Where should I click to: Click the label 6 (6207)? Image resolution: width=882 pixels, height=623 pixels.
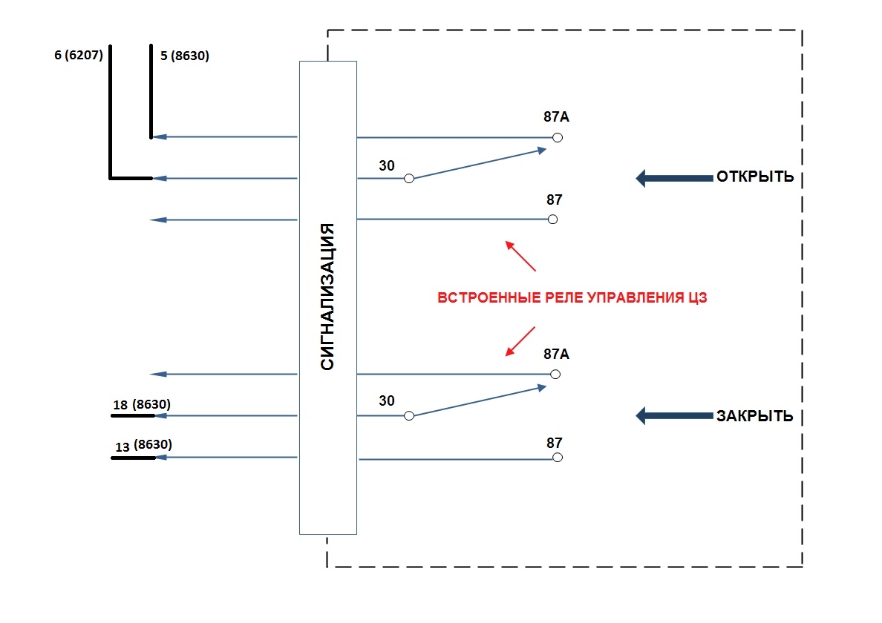(78, 55)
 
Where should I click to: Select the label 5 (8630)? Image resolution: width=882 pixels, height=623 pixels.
(185, 55)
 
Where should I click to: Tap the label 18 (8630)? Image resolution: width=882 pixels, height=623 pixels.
(142, 405)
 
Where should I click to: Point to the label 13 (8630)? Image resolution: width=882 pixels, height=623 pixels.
(144, 446)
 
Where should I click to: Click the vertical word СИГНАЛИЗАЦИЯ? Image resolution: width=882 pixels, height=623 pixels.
(327, 297)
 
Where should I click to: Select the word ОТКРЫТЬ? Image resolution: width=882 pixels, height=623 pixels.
(754, 177)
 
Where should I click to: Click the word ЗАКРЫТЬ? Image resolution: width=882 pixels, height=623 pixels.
(754, 416)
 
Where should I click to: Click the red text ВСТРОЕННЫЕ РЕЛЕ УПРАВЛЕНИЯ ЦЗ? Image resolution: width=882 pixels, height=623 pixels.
(571, 299)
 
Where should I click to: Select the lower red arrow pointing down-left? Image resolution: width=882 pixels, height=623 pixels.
(520, 340)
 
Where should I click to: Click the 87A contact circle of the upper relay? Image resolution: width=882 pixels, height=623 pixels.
(558, 137)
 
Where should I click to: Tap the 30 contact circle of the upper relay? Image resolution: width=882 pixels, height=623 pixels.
(408, 179)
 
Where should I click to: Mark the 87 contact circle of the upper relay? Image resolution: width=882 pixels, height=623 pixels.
(552, 220)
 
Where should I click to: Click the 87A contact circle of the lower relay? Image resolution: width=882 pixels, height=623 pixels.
(555, 375)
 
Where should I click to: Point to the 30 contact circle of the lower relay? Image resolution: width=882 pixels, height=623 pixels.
(408, 416)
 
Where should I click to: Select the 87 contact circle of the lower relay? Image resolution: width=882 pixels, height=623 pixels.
(558, 458)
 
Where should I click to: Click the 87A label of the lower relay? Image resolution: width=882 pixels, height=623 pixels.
(556, 355)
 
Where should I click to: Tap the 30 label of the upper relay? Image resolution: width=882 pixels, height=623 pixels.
(387, 165)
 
